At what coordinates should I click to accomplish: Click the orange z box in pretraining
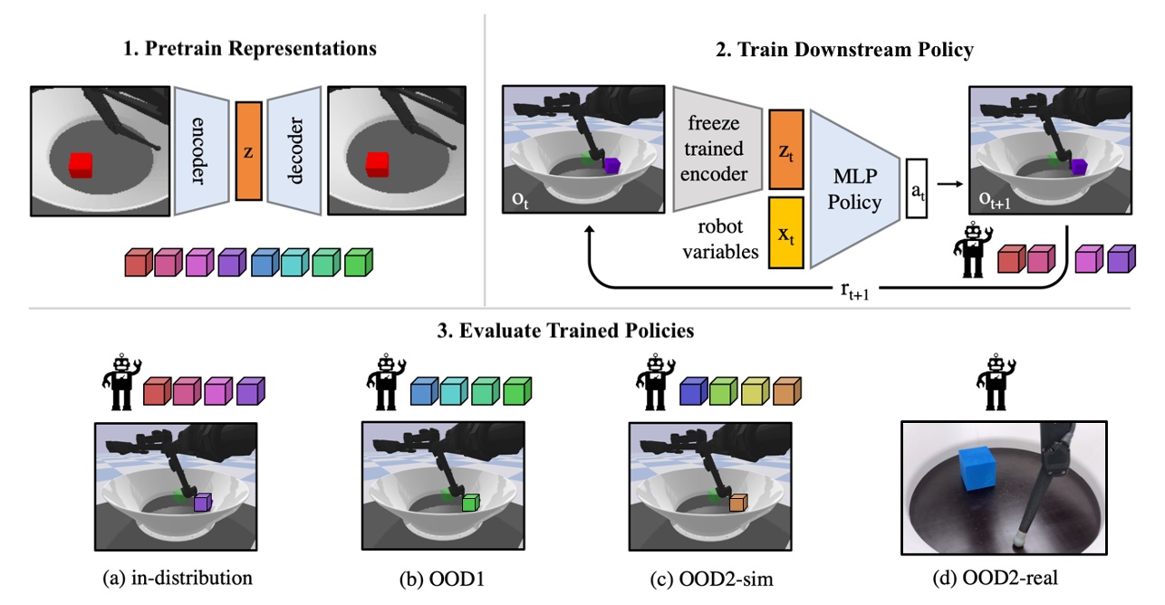click(x=248, y=150)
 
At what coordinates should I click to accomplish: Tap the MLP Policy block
click(x=852, y=188)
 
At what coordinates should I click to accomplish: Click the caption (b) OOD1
click(x=445, y=576)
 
